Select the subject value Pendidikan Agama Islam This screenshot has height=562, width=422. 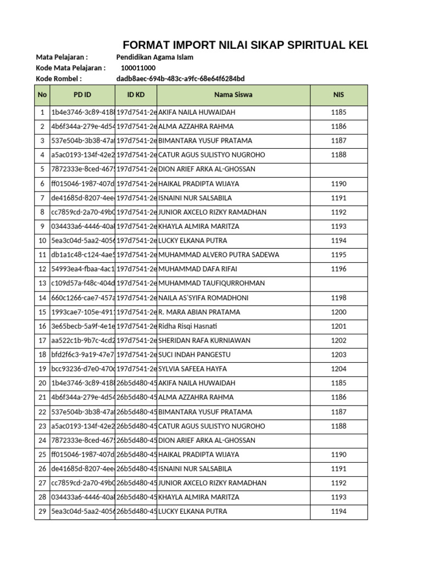click(155, 57)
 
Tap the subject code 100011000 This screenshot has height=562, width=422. click(138, 68)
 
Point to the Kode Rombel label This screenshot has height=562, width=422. click(59, 78)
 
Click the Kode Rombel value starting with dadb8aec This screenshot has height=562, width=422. click(181, 78)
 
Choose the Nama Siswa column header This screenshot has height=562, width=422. click(234, 94)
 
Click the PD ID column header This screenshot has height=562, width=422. click(82, 94)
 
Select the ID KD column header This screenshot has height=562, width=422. click(136, 94)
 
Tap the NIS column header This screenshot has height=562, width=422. click(338, 94)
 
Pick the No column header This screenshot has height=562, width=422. click(42, 94)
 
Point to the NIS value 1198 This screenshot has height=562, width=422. click(338, 297)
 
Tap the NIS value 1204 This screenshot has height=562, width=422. click(338, 369)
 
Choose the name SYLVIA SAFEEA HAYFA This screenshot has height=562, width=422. click(192, 369)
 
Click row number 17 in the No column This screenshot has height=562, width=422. click(42, 340)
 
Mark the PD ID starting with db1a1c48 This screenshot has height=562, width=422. click(82, 255)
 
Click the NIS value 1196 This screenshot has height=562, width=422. click(338, 269)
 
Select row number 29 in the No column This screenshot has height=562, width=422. click(42, 512)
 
